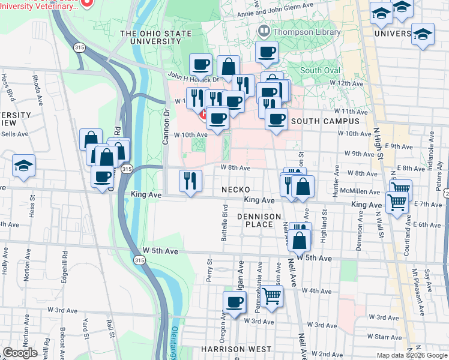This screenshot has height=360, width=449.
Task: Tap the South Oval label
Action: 320,70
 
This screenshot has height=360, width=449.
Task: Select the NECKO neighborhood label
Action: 235,190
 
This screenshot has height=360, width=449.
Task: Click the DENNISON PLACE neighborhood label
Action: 259,221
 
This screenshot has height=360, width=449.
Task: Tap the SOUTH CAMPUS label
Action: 324,121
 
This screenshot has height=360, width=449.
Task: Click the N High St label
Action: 378,142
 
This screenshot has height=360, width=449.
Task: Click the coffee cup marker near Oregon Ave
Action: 234,302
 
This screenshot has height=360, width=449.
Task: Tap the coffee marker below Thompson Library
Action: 266,52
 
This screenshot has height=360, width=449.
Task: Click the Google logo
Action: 20,353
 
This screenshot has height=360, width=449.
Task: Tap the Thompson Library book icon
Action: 263,31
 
